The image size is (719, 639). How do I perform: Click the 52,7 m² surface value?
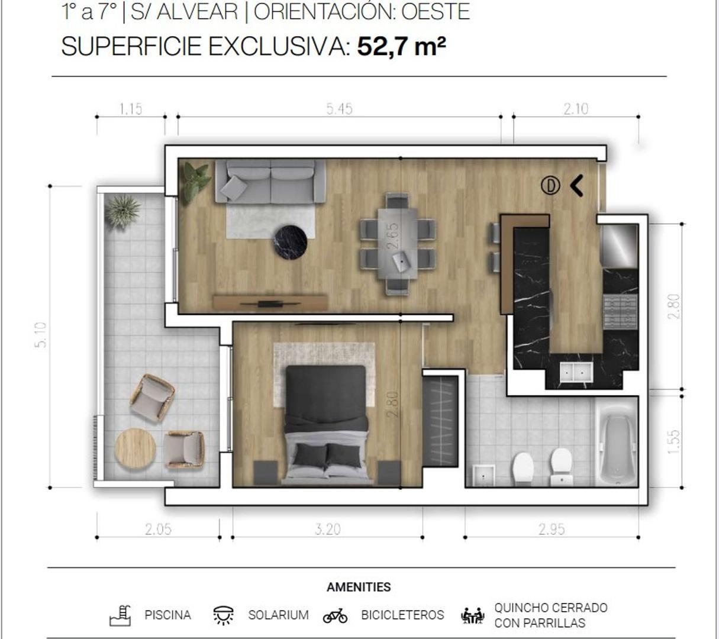[401, 46]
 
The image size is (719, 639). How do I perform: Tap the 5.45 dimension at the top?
[339, 109]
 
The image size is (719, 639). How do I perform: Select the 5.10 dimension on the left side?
[41, 335]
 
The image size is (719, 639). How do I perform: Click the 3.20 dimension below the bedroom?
[327, 529]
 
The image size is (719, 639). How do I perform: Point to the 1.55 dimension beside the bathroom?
[673, 442]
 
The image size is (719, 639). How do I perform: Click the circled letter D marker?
[550, 186]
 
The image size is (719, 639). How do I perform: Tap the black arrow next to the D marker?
[577, 186]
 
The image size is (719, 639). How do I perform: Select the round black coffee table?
[290, 242]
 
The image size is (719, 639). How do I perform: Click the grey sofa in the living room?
[270, 181]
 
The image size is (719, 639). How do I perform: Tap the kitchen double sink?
[576, 372]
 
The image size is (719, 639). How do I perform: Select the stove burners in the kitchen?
[620, 311]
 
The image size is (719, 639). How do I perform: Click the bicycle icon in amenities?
[335, 616]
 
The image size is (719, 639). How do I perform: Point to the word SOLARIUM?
[278, 615]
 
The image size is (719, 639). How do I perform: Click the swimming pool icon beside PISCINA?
[120, 615]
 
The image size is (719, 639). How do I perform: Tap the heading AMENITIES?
[359, 587]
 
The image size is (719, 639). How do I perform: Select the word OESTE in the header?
[436, 12]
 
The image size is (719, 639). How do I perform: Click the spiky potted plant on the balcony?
[122, 210]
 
